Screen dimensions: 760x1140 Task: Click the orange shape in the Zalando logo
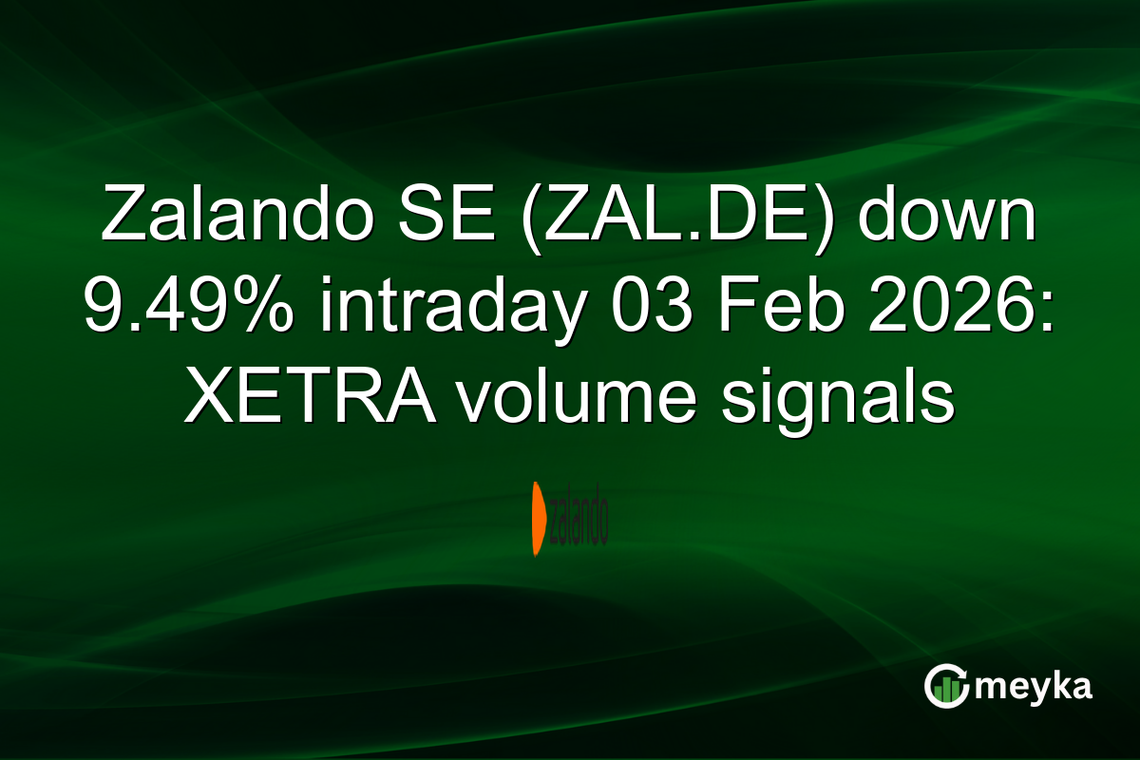pos(538,519)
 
